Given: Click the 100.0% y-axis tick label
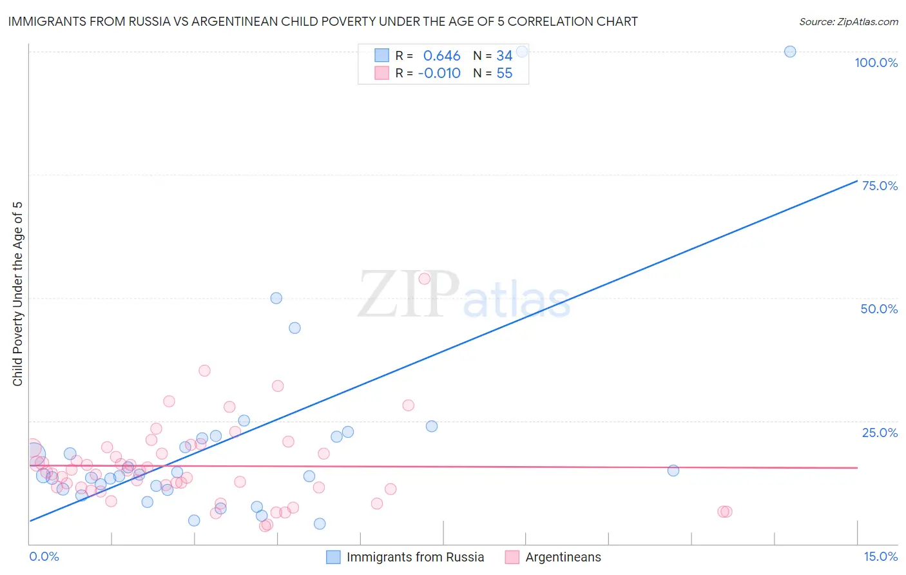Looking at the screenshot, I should (876, 63).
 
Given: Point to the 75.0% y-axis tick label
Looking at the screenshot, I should (880, 186).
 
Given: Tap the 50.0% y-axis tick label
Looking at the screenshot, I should (879, 309).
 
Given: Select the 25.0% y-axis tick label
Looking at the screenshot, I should (880, 432).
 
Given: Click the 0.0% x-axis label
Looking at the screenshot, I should (44, 556).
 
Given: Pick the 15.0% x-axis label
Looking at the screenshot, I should (880, 556).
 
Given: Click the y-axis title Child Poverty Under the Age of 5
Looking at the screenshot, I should (18, 294).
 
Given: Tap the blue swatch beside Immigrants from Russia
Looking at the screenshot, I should (333, 557).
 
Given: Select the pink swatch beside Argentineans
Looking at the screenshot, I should (512, 557).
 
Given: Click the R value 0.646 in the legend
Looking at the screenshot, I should (441, 56).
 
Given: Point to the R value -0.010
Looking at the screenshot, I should (439, 73).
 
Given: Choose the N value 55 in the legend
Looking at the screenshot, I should (505, 73).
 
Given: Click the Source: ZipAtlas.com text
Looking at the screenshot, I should (848, 22).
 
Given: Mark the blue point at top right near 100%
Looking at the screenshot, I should (790, 52).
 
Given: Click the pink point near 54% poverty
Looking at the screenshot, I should (424, 278).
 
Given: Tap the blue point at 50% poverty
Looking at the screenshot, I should (276, 298).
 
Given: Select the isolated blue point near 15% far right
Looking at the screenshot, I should (673, 471).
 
